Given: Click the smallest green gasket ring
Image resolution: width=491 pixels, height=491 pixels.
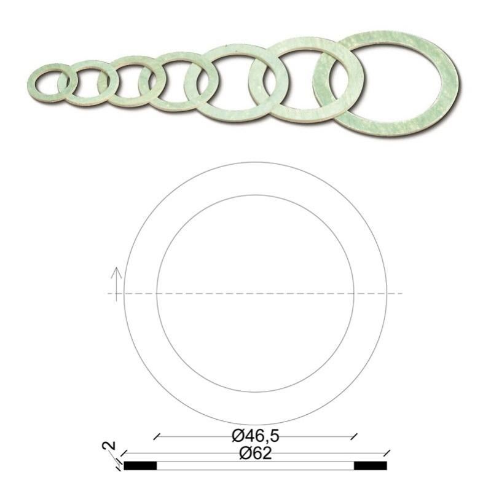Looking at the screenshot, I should click(34, 80).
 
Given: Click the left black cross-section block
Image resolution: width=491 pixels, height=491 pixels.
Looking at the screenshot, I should click(141, 465).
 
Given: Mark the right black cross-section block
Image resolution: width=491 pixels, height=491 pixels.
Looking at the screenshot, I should click(371, 465).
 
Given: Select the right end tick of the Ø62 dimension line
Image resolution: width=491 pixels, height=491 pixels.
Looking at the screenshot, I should click(387, 455).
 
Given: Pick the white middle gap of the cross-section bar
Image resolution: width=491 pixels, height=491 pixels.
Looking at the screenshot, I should click(256, 465).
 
